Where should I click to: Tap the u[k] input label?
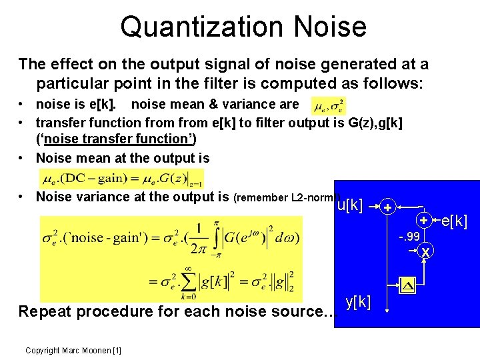[x=349, y=205]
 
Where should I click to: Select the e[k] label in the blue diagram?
[x=455, y=220]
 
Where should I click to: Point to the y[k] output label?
[x=359, y=301]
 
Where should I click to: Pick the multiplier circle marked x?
[x=425, y=251]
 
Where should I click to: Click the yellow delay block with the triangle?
[x=407, y=287]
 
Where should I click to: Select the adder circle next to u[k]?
[x=387, y=207]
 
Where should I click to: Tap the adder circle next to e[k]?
[x=423, y=220]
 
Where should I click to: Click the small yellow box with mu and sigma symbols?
[x=329, y=105]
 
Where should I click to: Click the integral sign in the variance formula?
[x=215, y=238]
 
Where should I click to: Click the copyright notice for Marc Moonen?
[x=73, y=351]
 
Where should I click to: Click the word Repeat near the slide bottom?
[x=45, y=311]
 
